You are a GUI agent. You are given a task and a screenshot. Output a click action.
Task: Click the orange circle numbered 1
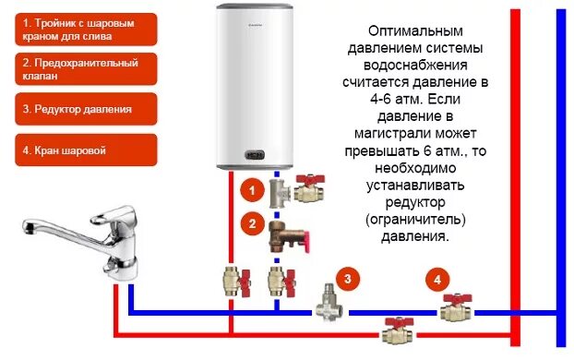click(x=248, y=190)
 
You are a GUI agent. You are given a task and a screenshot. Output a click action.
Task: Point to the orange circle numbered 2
click(x=248, y=222)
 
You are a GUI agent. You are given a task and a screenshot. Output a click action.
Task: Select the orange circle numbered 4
click(x=437, y=278)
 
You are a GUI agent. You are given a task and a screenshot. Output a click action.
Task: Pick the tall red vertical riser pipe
click(x=517, y=175)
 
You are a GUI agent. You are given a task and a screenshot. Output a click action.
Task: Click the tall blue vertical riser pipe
click(x=560, y=175)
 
